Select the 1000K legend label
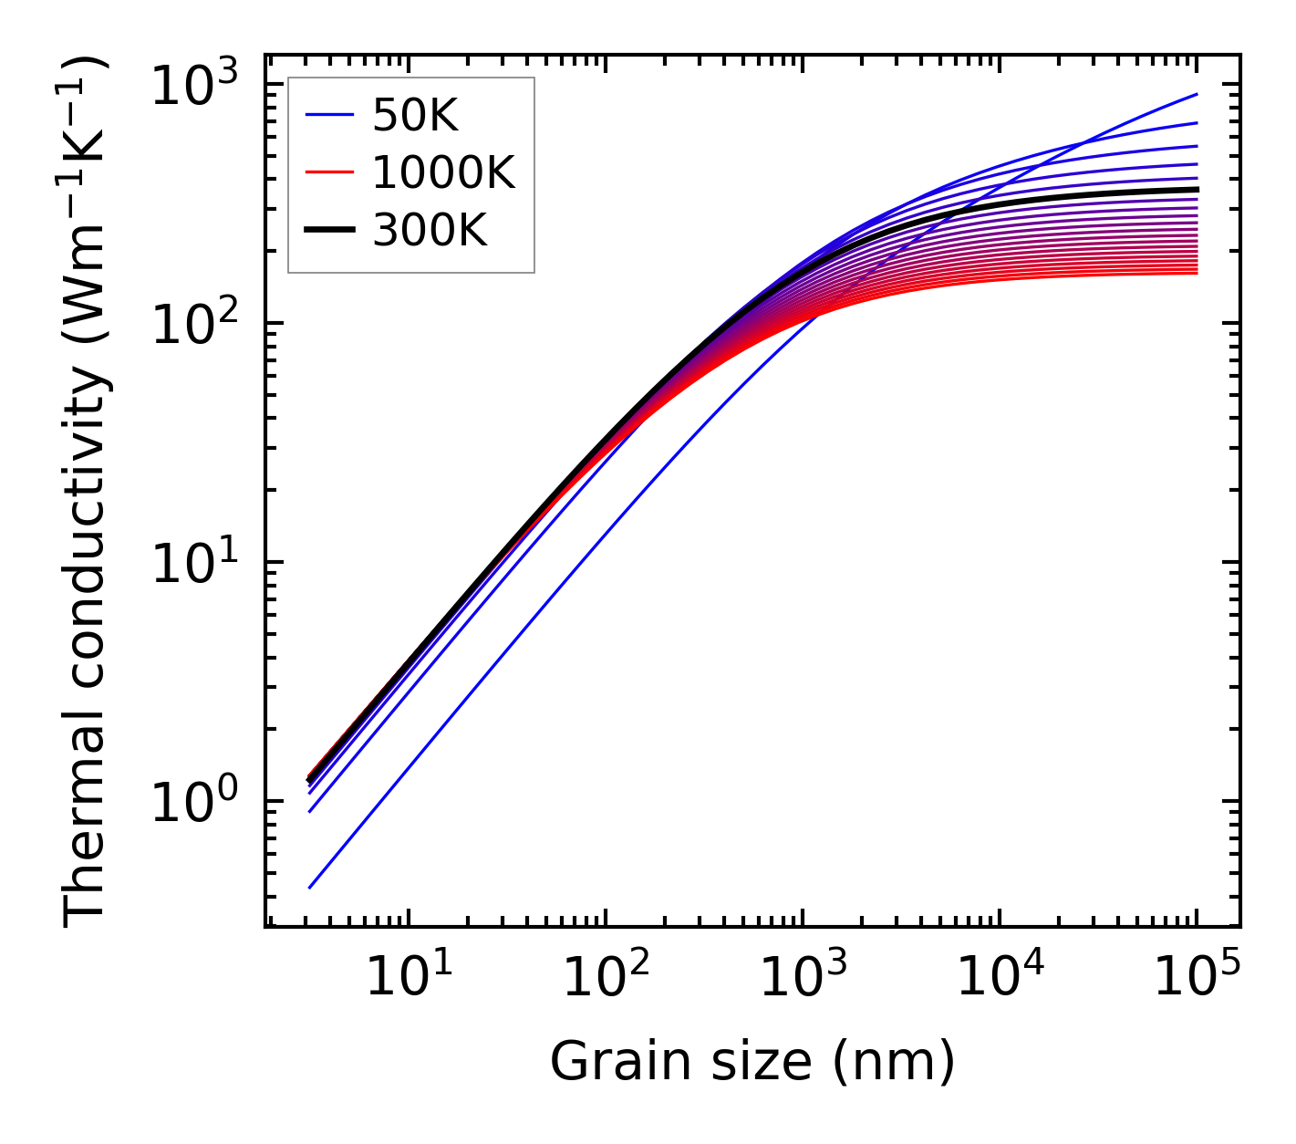pyautogui.click(x=443, y=172)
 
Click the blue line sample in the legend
pyautogui.click(x=328, y=115)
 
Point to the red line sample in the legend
pyautogui.click(x=328, y=172)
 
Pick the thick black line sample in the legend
pyautogui.click(x=328, y=230)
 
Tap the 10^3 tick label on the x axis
pyautogui.click(x=802, y=979)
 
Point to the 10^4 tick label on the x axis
pyautogui.click(x=999, y=979)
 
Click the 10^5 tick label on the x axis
pyautogui.click(x=1197, y=979)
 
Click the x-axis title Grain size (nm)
pyautogui.click(x=752, y=1061)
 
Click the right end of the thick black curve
pyautogui.click(x=1196, y=190)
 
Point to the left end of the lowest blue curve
pyautogui.click(x=310, y=887)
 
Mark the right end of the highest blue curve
pyautogui.click(x=1196, y=94)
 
